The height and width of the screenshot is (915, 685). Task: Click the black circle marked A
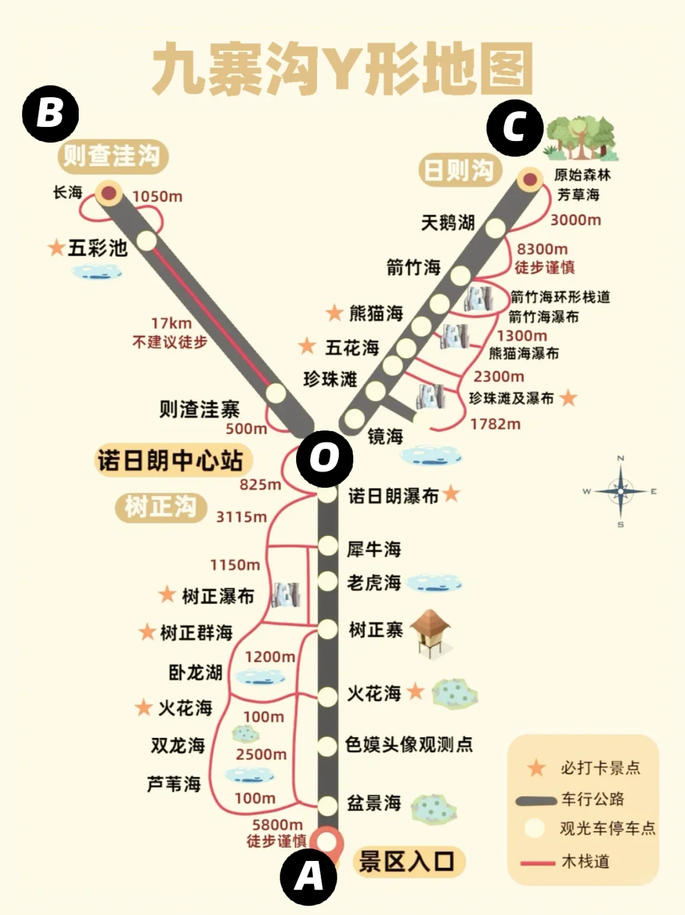coord(308,877)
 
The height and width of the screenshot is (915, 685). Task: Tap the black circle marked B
coord(50,114)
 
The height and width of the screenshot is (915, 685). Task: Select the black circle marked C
coord(514,128)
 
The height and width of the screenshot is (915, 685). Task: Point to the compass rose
coord(620,491)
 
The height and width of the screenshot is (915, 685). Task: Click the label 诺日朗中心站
coord(170,460)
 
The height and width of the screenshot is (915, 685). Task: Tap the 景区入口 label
coord(407,862)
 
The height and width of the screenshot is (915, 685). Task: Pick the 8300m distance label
coord(542,249)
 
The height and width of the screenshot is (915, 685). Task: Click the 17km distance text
coord(171,323)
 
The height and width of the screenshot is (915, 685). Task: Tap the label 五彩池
coord(97,248)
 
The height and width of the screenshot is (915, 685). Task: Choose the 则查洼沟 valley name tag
coord(112,156)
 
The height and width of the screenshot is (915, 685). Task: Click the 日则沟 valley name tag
coord(459,170)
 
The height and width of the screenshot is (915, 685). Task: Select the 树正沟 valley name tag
coord(160,507)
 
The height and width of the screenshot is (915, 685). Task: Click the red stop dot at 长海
coord(110,192)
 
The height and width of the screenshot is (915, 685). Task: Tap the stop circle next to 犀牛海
coord(327,545)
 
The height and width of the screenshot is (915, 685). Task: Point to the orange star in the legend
coord(537,768)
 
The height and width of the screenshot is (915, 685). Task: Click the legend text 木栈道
coord(585,862)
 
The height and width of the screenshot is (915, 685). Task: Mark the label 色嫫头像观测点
coord(409,744)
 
